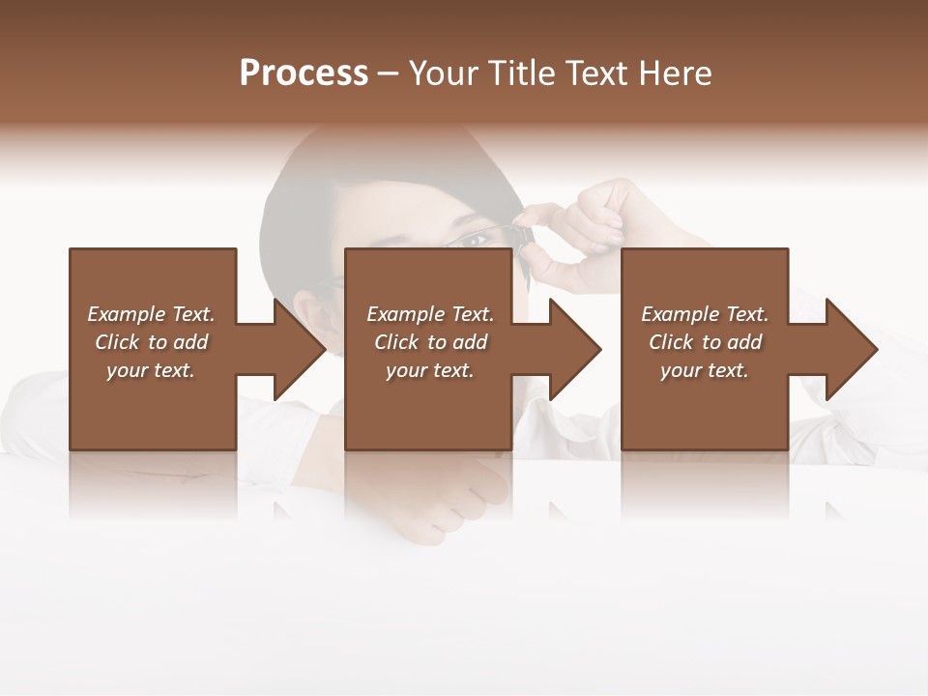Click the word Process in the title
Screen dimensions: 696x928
[304, 73]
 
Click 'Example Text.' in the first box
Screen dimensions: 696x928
[151, 314]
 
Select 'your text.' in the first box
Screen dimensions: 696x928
[151, 370]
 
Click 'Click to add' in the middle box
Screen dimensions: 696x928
[430, 342]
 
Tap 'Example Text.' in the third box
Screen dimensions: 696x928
[705, 314]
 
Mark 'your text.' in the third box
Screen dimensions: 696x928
[705, 370]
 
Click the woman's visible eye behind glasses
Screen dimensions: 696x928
[475, 238]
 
